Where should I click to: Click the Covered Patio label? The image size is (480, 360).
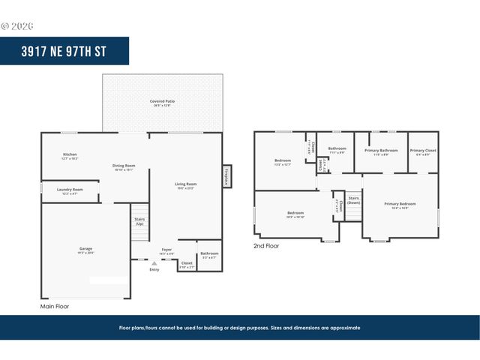(x=162, y=102)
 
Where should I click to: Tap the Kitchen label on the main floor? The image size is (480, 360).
(x=70, y=156)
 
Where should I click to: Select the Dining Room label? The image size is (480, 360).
(x=123, y=166)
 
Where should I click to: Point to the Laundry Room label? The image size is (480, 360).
(x=70, y=191)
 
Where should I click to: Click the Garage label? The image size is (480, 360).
(x=86, y=250)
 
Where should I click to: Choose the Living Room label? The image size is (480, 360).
(x=186, y=185)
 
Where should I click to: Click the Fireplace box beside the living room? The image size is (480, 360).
(x=226, y=176)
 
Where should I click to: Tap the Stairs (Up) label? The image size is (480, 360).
(x=139, y=221)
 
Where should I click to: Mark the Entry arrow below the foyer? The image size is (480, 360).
(x=154, y=264)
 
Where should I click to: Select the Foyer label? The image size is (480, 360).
(x=166, y=250)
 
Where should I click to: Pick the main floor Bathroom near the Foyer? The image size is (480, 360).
(x=209, y=254)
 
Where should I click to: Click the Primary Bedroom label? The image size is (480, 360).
(x=400, y=205)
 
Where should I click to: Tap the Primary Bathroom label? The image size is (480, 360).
(x=381, y=151)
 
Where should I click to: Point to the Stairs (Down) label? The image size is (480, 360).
(x=353, y=200)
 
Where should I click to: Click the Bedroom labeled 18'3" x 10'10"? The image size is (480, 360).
(x=295, y=214)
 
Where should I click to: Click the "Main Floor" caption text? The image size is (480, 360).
(x=55, y=307)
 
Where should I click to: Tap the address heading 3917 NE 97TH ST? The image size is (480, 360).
(x=64, y=51)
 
